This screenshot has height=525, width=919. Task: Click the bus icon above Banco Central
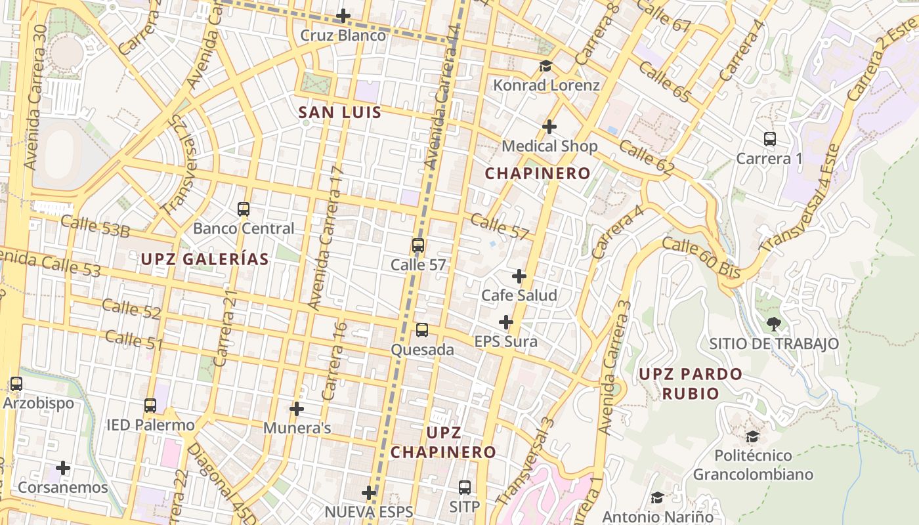click(x=244, y=209)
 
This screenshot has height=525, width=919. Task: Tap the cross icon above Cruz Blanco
click(x=343, y=16)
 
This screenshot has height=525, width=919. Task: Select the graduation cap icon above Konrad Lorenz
click(x=545, y=66)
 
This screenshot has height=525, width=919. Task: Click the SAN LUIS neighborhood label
click(x=340, y=112)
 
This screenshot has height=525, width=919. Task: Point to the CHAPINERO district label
click(x=538, y=173)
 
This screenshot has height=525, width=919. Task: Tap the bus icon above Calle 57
click(x=418, y=245)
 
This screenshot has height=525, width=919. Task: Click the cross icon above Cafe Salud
click(x=519, y=276)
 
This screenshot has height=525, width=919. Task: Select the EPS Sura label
click(x=506, y=341)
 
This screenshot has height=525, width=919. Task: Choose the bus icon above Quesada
click(x=422, y=330)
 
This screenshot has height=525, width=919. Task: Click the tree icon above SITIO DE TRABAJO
click(x=774, y=324)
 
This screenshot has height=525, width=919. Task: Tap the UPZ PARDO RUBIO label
click(x=691, y=383)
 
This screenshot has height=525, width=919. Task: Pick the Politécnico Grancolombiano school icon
click(x=753, y=436)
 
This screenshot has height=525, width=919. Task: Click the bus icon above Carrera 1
click(x=770, y=139)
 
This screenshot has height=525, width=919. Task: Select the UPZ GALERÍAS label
click(x=205, y=259)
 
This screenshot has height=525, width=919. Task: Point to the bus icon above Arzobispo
click(x=16, y=383)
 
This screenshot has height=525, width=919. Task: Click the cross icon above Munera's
click(x=297, y=409)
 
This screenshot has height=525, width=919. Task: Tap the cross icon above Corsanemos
click(x=63, y=468)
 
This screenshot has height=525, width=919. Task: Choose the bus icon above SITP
click(x=465, y=487)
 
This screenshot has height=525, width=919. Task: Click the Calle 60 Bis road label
click(x=701, y=257)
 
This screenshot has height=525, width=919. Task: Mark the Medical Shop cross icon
click(x=549, y=126)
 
